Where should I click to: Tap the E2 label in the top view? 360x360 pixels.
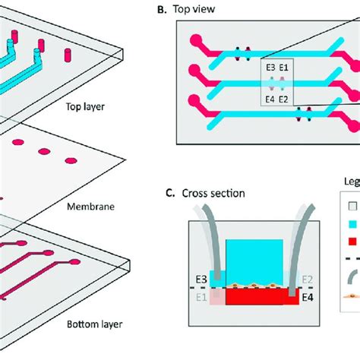pos(283,98)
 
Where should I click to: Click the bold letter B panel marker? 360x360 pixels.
pos(182,11)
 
